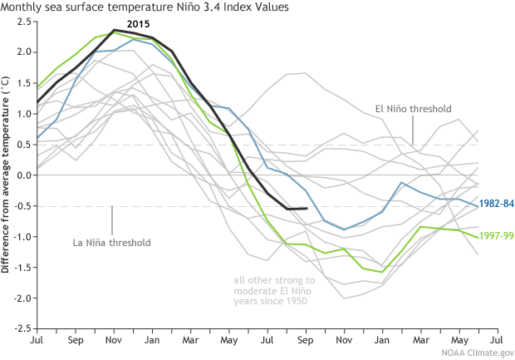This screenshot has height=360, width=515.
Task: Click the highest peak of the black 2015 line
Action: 114,30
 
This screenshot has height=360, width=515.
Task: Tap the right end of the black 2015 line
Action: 307,208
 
